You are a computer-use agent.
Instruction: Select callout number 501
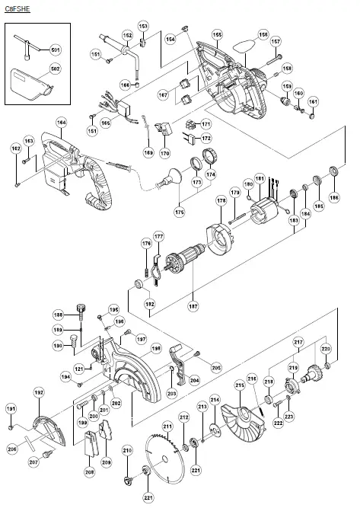click(54, 49)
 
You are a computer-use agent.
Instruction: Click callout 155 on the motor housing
click(217, 35)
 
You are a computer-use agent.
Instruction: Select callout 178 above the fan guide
click(221, 200)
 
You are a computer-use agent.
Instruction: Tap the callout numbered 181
click(260, 179)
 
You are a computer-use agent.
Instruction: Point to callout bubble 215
click(239, 387)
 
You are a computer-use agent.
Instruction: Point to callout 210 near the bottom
click(127, 451)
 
